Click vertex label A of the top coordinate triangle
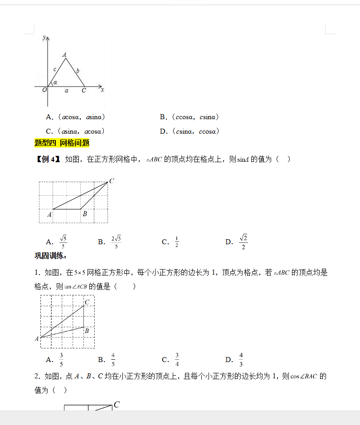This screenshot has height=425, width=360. click(65, 55)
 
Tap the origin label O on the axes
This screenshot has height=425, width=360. click(44, 90)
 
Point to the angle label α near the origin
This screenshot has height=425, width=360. click(55, 82)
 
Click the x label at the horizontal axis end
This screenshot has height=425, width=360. click(102, 90)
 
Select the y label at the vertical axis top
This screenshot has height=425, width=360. click(44, 37)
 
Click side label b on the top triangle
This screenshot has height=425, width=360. click(78, 70)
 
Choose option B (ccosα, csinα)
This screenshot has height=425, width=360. click(190, 117)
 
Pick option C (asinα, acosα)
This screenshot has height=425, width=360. click(76, 131)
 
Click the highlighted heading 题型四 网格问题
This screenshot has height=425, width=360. click(62, 143)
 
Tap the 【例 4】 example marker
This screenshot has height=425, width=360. click(48, 159)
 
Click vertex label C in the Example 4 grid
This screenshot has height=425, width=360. click(112, 181)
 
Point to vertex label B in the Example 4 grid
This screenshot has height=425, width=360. click(85, 214)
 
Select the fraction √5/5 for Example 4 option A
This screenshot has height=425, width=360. click(63, 241)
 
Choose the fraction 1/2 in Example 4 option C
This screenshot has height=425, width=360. click(176, 242)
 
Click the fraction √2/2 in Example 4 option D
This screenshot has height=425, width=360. click(243, 241)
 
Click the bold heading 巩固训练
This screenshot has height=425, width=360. click(50, 256)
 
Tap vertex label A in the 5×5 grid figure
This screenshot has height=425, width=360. click(37, 338)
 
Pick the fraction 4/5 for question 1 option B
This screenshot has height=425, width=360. click(113, 359)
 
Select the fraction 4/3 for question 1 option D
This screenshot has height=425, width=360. click(241, 359)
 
